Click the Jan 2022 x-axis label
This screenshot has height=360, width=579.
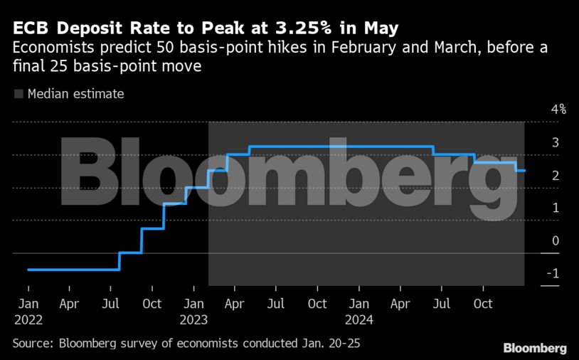coord(28,312)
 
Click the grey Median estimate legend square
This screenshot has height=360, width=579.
coord(18,94)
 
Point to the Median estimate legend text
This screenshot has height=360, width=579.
coord(75,94)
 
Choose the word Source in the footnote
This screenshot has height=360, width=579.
coord(32,344)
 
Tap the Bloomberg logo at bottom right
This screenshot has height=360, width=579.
coord(535,348)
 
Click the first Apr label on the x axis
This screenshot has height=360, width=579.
coord(69,304)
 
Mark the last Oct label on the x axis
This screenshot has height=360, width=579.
coord(483,304)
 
